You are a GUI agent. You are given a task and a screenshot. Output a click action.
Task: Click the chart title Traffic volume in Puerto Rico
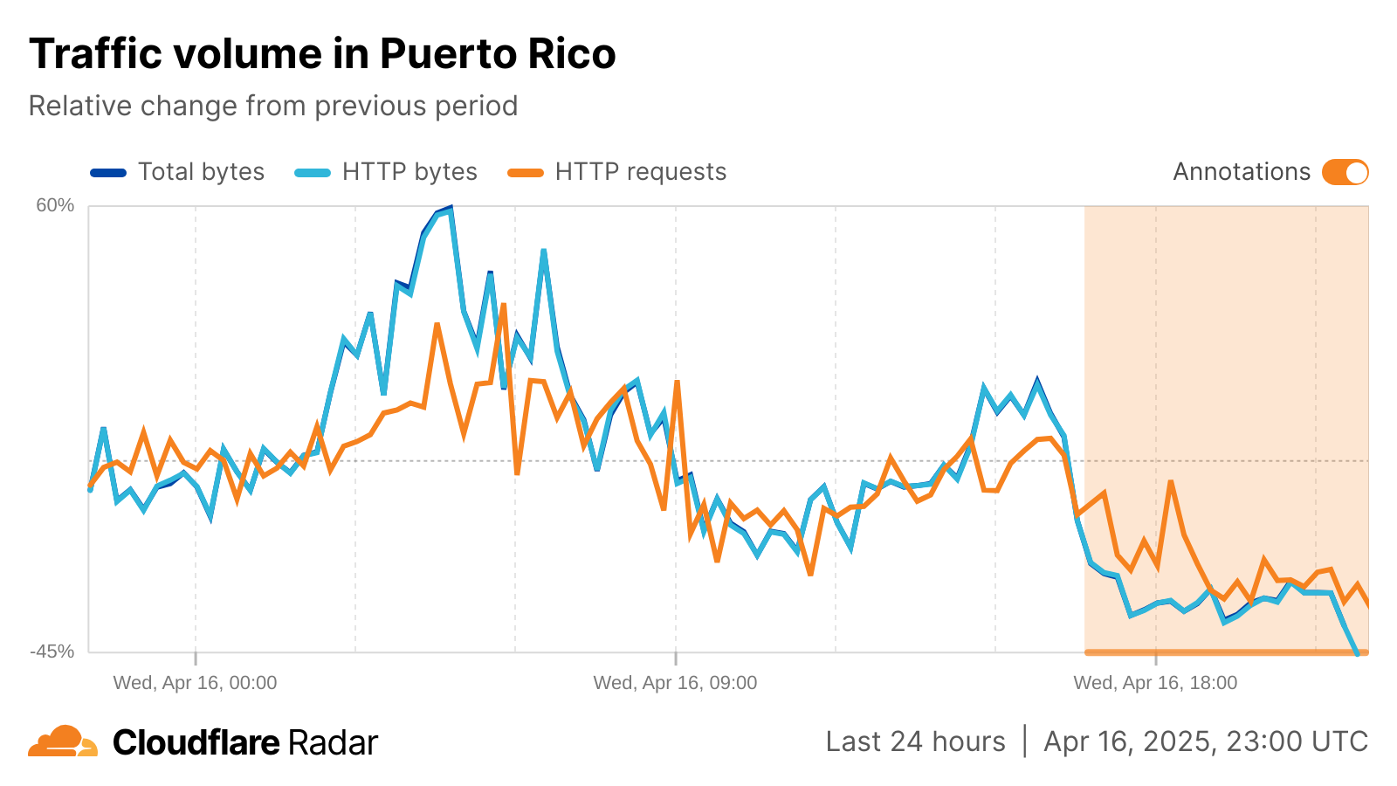(322, 54)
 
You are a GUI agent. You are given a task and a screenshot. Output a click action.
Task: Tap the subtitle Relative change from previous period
(273, 106)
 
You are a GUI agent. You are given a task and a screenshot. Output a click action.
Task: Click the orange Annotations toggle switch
(1345, 172)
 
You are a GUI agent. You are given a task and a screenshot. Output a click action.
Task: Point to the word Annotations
(1241, 172)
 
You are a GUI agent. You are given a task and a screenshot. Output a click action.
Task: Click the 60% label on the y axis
(55, 205)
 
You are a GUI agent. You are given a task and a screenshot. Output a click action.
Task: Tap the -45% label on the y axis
(52, 652)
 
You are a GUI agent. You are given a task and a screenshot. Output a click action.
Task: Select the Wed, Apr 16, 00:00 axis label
(195, 683)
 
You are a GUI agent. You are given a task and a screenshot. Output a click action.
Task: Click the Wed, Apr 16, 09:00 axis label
(675, 683)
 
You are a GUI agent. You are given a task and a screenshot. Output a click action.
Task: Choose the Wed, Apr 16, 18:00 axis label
(1155, 683)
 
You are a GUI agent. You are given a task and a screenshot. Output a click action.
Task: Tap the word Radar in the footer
(333, 742)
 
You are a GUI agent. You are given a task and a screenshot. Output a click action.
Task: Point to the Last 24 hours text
(915, 741)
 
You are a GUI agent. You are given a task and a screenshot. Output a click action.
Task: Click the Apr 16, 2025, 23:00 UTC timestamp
(1205, 741)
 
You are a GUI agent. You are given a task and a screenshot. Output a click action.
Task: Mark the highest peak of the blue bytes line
(451, 208)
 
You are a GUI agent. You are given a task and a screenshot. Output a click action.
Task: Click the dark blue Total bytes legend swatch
(108, 173)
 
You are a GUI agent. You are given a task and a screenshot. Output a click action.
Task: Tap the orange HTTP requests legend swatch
(526, 173)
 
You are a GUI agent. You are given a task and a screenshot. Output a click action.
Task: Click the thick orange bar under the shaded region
(1226, 652)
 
